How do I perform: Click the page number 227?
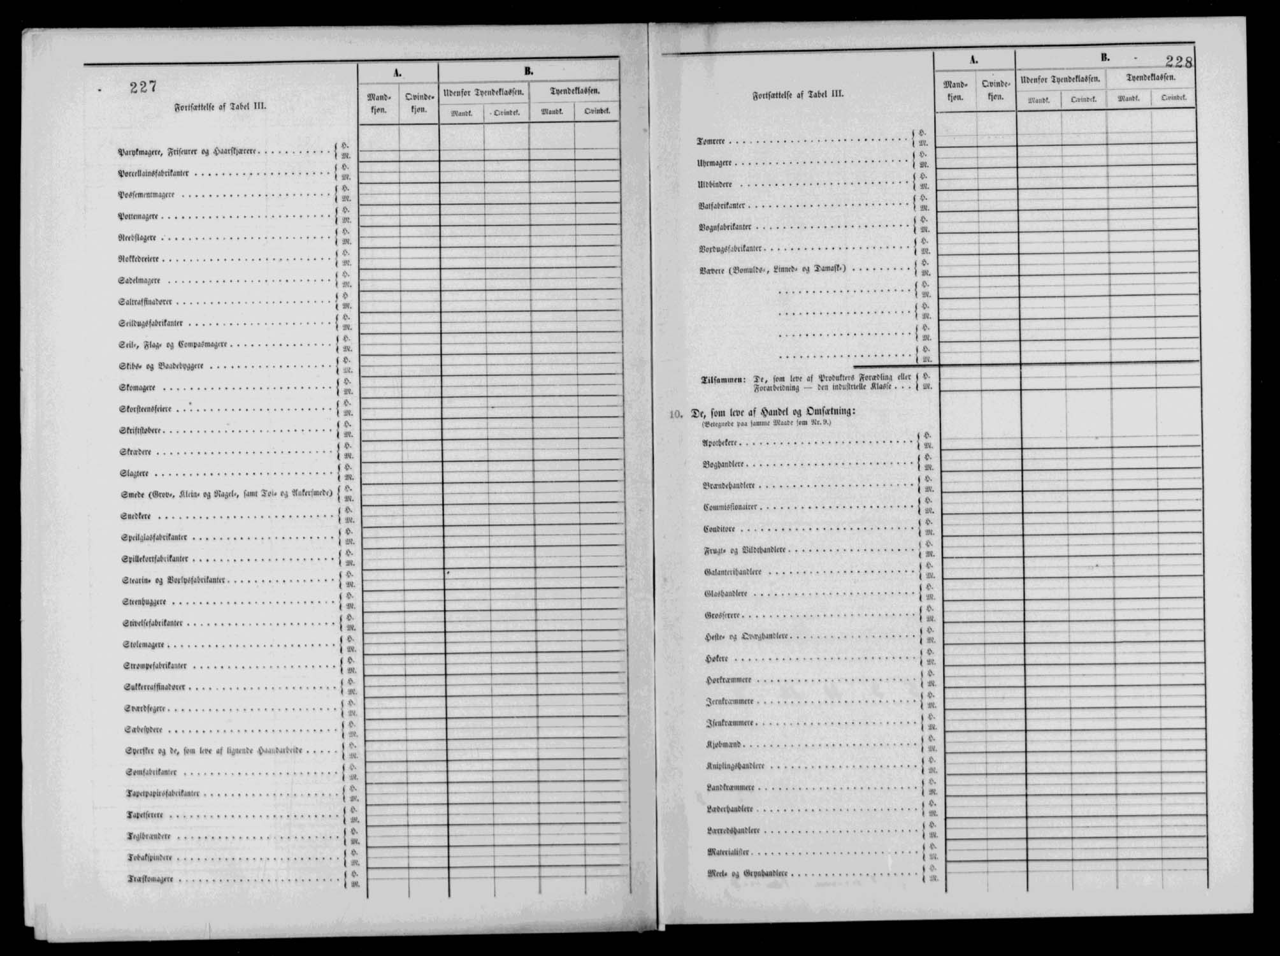pyautogui.click(x=143, y=87)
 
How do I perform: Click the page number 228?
pyautogui.click(x=1178, y=62)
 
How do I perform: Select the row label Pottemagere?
pyautogui.click(x=138, y=216)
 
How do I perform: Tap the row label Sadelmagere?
pyautogui.click(x=139, y=280)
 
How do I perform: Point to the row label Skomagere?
pyautogui.click(x=137, y=387)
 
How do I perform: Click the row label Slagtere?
pyautogui.click(x=134, y=474)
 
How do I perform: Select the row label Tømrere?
pyautogui.click(x=710, y=141)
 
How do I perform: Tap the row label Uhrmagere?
pyautogui.click(x=714, y=163)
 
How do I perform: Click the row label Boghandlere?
pyautogui.click(x=723, y=465)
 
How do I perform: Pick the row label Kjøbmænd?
pyautogui.click(x=723, y=744)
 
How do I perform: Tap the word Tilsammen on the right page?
pyautogui.click(x=723, y=380)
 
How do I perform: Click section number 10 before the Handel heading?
pyautogui.click(x=675, y=414)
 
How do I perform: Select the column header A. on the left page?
pyautogui.click(x=397, y=73)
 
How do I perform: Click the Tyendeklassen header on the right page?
pyautogui.click(x=1150, y=78)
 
